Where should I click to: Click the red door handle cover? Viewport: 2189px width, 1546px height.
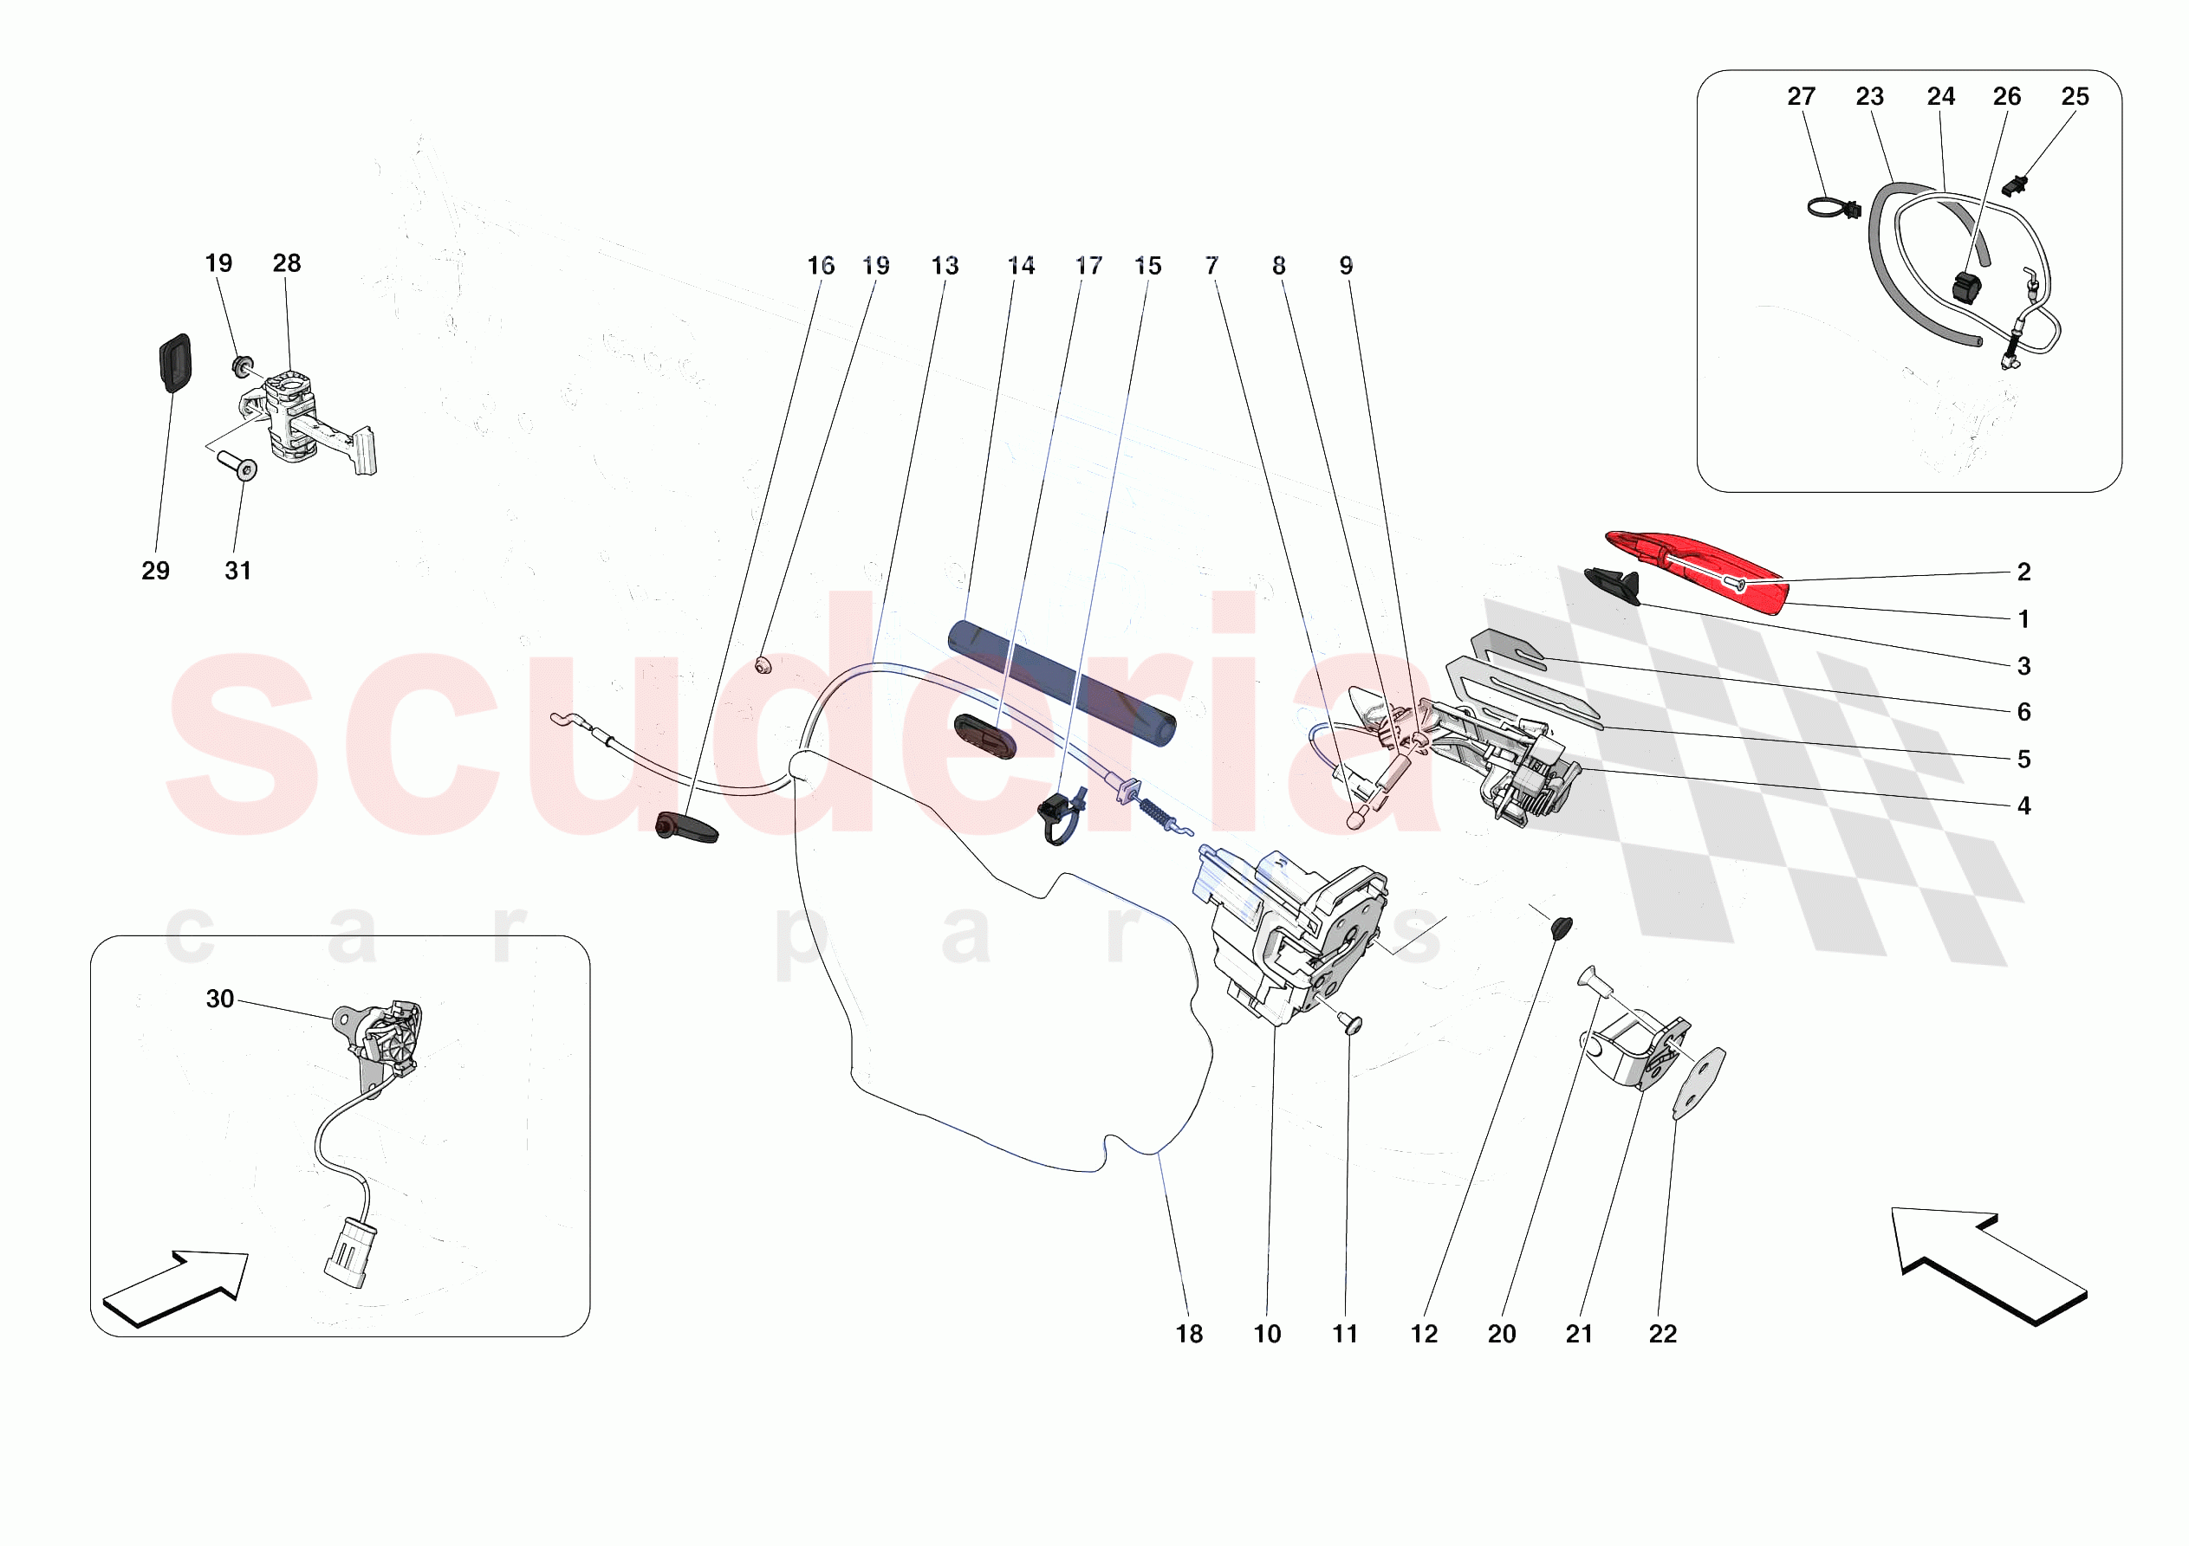[x=1697, y=570]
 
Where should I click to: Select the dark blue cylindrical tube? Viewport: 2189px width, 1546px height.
[x=1061, y=682]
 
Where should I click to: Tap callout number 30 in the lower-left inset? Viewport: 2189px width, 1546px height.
[x=219, y=998]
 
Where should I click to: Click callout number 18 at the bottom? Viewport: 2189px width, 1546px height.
[x=1189, y=1334]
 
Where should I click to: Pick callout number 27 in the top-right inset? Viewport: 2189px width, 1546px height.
[x=1800, y=96]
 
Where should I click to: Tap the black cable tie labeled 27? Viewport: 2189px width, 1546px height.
[x=1833, y=207]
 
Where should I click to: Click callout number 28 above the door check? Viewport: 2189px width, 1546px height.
[x=286, y=263]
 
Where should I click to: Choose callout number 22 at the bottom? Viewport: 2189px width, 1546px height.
[x=1662, y=1334]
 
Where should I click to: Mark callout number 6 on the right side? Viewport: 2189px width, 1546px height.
[x=2023, y=712]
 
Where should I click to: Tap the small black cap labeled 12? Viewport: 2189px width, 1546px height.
[x=1562, y=926]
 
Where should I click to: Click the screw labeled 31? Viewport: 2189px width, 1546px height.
[x=237, y=465]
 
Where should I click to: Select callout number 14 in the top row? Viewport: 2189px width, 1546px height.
[x=1020, y=266]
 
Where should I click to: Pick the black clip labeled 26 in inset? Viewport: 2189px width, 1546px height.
[x=1967, y=286]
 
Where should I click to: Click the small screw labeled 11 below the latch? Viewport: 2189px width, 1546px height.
[x=1352, y=1024]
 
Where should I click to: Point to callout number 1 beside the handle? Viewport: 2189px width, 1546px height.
[x=2023, y=619]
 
